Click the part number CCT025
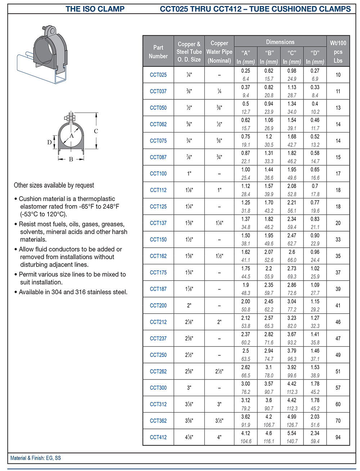(x=158, y=75)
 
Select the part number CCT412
(x=158, y=437)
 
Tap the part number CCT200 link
(x=158, y=305)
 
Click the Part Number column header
(x=158, y=52)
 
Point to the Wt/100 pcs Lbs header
(x=338, y=52)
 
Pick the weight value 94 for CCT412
(x=338, y=437)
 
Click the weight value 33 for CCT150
(x=338, y=239)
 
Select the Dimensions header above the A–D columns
(x=280, y=42)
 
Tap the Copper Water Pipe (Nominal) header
(x=219, y=52)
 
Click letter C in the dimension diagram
(x=96, y=131)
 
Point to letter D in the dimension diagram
(x=49, y=142)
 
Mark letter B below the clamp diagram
(x=71, y=159)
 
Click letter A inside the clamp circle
(x=72, y=136)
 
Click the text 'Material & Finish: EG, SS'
(x=36, y=458)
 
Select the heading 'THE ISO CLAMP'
(x=95, y=9)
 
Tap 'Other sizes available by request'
(x=54, y=185)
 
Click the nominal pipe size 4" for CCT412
(x=219, y=437)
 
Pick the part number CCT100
(x=158, y=174)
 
